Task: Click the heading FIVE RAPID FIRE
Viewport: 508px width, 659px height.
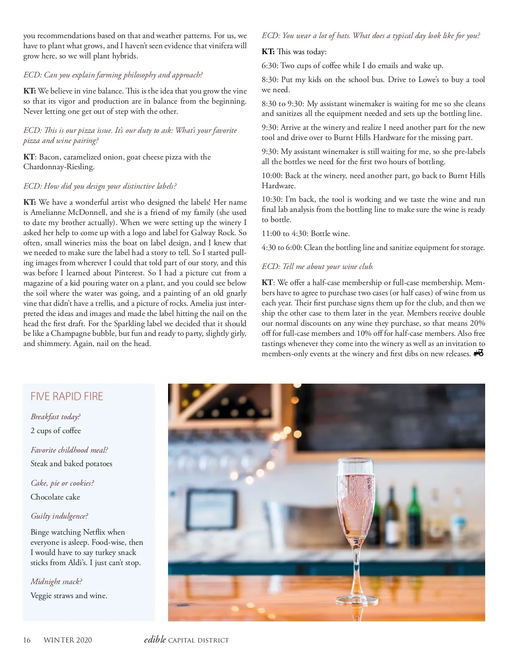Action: click(67, 396)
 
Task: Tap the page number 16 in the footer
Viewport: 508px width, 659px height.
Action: click(27, 640)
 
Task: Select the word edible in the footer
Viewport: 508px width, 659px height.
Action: click(155, 640)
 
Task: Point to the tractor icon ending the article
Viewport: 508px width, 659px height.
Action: click(478, 353)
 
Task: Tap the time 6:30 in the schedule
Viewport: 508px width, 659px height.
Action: click(269, 66)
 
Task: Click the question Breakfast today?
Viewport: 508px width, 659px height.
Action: click(55, 417)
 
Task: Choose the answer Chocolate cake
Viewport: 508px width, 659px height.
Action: click(55, 497)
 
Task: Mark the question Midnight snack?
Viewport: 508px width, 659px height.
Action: click(56, 582)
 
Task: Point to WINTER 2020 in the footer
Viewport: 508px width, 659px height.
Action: click(68, 640)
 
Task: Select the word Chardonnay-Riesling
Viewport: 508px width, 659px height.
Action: click(59, 167)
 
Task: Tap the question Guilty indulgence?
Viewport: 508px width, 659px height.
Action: click(59, 516)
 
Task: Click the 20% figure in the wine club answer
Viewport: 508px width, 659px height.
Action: click(477, 323)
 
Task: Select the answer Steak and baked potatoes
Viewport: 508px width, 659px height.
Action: click(72, 464)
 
